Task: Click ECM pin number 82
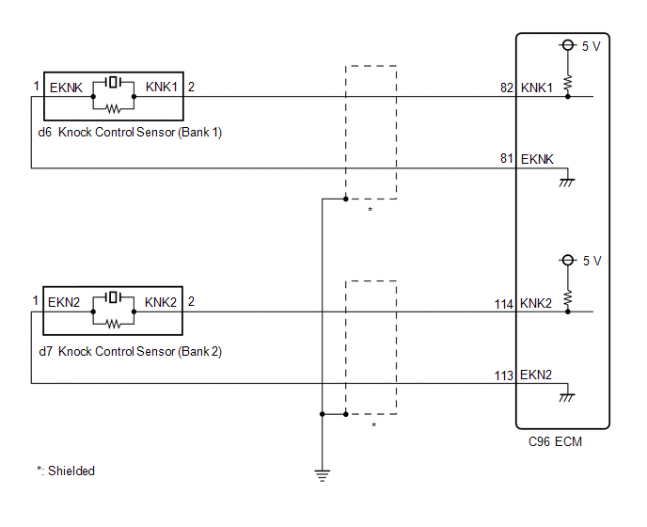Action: click(507, 88)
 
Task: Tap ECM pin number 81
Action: click(507, 159)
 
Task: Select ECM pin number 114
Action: click(503, 304)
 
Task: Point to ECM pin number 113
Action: click(503, 375)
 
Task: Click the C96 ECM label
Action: click(555, 442)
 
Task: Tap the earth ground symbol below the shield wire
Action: click(323, 476)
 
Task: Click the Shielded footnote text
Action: click(66, 471)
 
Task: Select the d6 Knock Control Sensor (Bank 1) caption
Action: click(130, 132)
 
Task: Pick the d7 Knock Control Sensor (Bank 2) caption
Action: click(130, 351)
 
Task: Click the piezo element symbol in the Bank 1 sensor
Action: click(114, 82)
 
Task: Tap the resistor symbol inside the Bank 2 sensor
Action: click(114, 325)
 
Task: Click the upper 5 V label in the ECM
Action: click(591, 46)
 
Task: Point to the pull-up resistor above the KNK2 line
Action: click(568, 297)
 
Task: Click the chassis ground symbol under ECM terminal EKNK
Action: click(567, 183)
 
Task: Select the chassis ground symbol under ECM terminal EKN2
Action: click(567, 398)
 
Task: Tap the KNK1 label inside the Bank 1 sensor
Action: click(162, 88)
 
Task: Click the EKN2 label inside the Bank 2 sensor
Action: click(64, 302)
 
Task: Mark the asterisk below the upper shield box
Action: click(371, 210)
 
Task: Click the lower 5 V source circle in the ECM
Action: click(568, 260)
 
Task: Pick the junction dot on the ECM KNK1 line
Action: click(568, 97)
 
